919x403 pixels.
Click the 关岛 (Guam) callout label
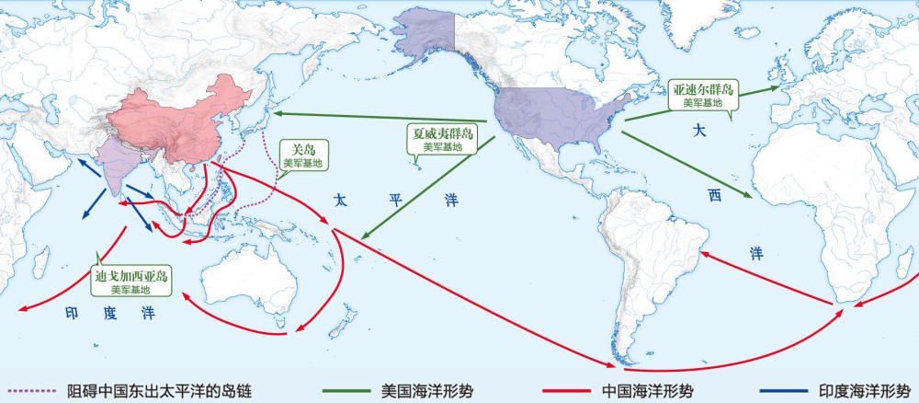(x=303, y=154)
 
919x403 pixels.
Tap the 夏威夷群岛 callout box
(x=444, y=138)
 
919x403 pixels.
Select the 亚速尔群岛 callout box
(x=702, y=95)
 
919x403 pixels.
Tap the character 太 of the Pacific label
(x=341, y=200)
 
